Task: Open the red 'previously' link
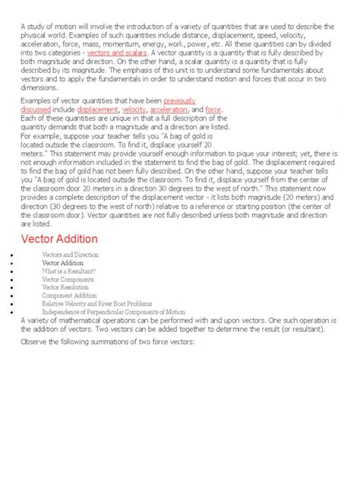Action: pos(179,101)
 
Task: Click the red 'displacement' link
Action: pos(97,109)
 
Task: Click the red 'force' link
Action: pos(213,109)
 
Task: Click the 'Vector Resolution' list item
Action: pos(66,289)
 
